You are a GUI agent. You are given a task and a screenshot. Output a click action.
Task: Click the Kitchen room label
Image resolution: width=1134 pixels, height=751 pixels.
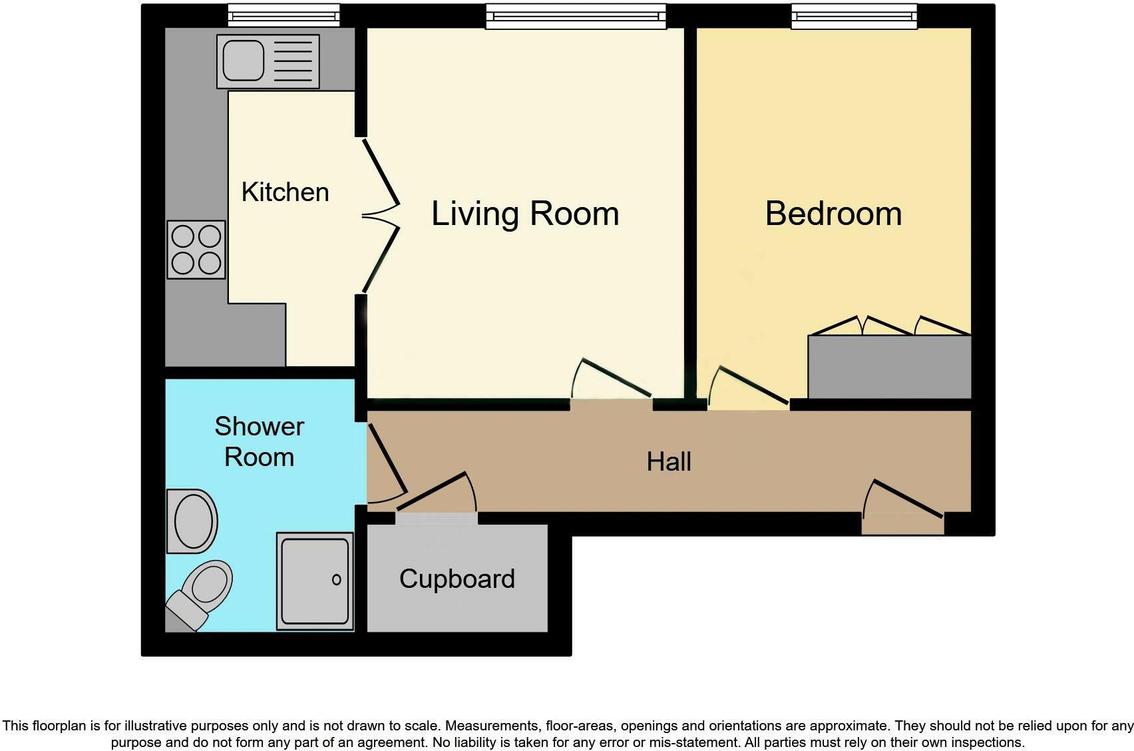click(x=285, y=192)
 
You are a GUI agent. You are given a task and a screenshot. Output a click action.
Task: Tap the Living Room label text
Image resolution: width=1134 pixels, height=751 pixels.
click(x=525, y=214)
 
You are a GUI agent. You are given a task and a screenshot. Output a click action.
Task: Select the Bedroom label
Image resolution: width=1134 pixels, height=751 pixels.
click(x=833, y=213)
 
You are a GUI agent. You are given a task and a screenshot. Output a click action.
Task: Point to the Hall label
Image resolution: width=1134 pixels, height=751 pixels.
click(x=669, y=462)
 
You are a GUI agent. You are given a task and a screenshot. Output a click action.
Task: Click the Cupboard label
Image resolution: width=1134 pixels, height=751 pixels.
click(x=457, y=579)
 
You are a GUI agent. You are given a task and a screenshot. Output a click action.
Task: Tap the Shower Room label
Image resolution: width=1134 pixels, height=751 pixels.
click(x=259, y=441)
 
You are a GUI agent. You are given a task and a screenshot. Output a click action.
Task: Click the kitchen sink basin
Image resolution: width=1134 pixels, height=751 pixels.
click(x=244, y=61)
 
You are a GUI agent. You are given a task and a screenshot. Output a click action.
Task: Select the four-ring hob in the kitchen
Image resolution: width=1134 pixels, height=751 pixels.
click(x=196, y=250)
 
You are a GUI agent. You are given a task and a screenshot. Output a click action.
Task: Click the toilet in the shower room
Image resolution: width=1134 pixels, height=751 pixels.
click(x=200, y=593)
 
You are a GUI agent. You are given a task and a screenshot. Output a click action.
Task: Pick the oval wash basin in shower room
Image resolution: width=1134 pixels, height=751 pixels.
click(x=192, y=521)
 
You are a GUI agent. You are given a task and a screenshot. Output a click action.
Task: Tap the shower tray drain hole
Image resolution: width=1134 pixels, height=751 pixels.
click(x=337, y=580)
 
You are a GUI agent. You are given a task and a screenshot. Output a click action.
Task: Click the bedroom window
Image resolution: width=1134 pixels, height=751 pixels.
click(x=854, y=16)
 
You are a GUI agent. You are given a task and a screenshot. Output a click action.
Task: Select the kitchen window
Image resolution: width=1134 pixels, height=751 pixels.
click(x=283, y=15)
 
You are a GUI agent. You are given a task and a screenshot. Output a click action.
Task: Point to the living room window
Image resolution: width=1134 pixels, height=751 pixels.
click(x=576, y=16)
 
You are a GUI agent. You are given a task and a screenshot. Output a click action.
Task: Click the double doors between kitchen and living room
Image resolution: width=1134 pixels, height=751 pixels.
click(x=381, y=216)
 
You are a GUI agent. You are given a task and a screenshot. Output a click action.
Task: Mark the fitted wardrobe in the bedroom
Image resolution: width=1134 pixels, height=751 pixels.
click(x=890, y=367)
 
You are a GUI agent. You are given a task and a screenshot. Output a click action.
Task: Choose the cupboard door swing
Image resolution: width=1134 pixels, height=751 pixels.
click(x=437, y=491)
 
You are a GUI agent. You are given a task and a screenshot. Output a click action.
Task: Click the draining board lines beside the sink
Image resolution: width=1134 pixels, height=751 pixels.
click(x=293, y=61)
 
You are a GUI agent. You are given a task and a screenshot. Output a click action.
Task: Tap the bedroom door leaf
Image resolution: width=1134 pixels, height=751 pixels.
click(x=753, y=385)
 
